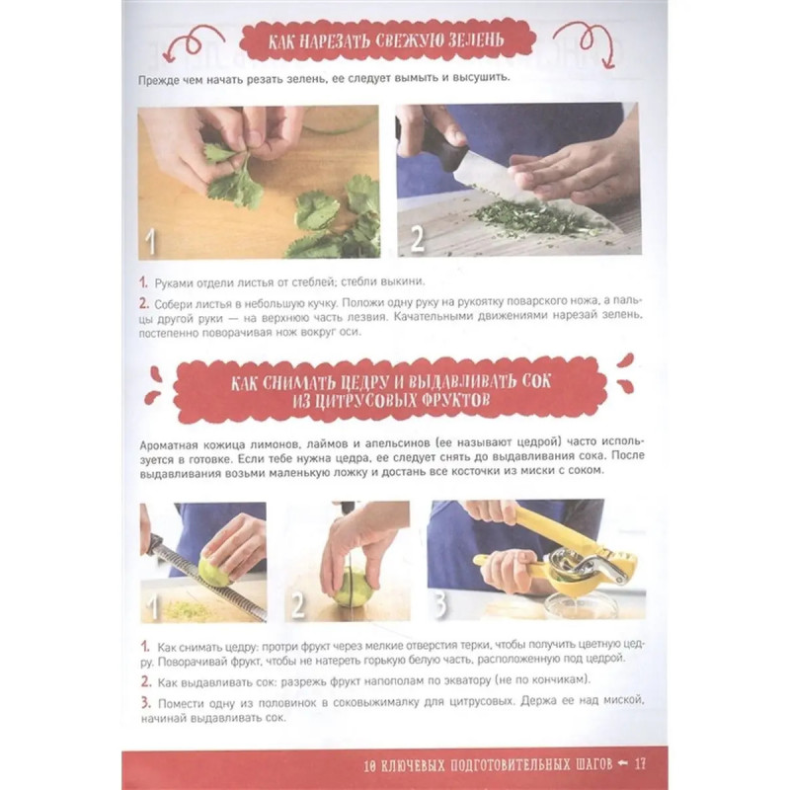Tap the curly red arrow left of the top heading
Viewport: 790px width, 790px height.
(193, 42)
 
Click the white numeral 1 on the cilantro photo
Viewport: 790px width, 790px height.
(150, 242)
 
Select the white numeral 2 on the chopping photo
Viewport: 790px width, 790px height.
(418, 238)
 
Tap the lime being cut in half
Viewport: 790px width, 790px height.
(353, 587)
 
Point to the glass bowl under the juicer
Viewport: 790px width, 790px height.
(582, 604)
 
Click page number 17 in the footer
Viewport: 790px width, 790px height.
(640, 763)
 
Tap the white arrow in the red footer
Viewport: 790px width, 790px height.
(623, 763)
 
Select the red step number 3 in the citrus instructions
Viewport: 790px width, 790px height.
(145, 702)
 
